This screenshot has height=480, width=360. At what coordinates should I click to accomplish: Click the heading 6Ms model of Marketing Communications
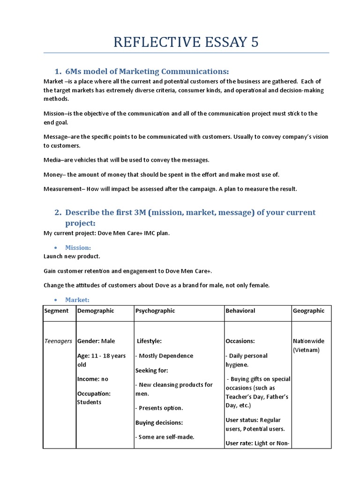click(147, 71)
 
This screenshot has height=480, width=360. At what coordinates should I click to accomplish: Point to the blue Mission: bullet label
click(78, 247)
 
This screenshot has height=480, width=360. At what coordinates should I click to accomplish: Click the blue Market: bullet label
click(77, 300)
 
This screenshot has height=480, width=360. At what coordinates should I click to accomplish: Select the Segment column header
click(56, 311)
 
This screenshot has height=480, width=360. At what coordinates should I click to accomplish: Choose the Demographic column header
click(96, 311)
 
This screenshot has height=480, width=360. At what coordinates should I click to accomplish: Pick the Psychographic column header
click(155, 311)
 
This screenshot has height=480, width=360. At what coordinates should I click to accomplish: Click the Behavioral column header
click(240, 311)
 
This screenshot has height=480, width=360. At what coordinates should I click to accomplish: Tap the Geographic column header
click(308, 311)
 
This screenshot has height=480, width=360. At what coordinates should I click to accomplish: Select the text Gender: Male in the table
click(96, 341)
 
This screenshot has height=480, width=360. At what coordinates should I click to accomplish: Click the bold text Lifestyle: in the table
click(149, 341)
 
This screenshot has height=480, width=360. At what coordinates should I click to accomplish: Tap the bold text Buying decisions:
click(159, 422)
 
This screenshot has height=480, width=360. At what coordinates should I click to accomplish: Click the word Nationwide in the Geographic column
click(308, 341)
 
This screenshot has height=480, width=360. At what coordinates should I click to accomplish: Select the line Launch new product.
click(72, 256)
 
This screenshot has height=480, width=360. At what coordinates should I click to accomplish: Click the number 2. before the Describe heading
click(58, 212)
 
